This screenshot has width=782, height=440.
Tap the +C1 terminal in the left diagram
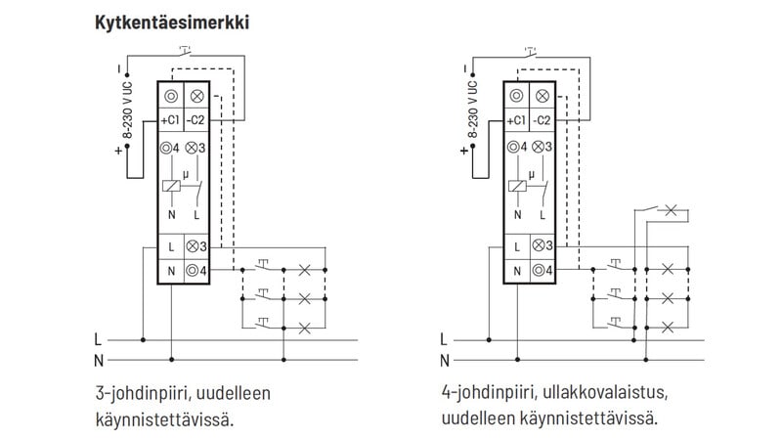pyautogui.click(x=170, y=120)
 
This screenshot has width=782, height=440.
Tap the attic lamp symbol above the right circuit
pyautogui.click(x=671, y=209)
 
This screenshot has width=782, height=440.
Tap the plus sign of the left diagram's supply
pyautogui.click(x=119, y=151)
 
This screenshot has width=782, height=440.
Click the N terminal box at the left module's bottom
pyautogui.click(x=171, y=271)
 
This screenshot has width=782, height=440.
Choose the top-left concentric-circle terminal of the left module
pyautogui.click(x=171, y=96)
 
